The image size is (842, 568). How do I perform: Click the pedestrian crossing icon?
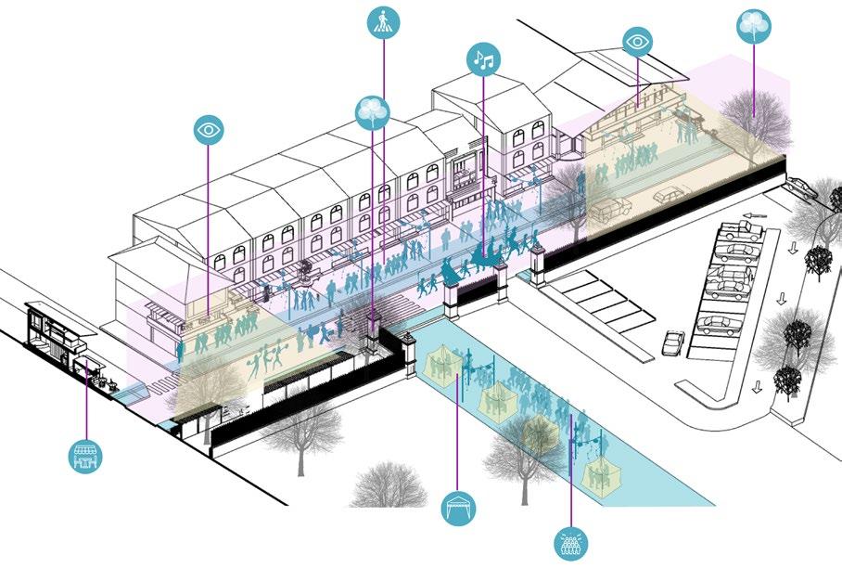point(382,22)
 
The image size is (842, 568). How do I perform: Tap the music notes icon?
point(482,60)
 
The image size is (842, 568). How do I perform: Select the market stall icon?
point(86,455)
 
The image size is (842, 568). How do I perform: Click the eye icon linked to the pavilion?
point(638,42)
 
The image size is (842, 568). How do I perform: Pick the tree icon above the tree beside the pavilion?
point(754,26)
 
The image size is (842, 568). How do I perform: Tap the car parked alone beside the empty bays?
point(674,342)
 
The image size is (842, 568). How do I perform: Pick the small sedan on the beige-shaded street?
point(667,196)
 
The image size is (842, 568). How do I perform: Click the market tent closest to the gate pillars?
point(441,363)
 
